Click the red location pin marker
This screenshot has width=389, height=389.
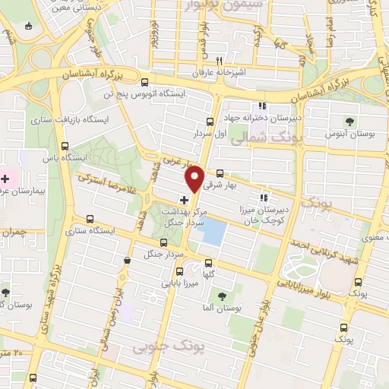coord(194,178)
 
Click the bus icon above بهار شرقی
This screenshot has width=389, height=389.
coord(220,173)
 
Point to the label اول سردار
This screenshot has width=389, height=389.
coord(215,133)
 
